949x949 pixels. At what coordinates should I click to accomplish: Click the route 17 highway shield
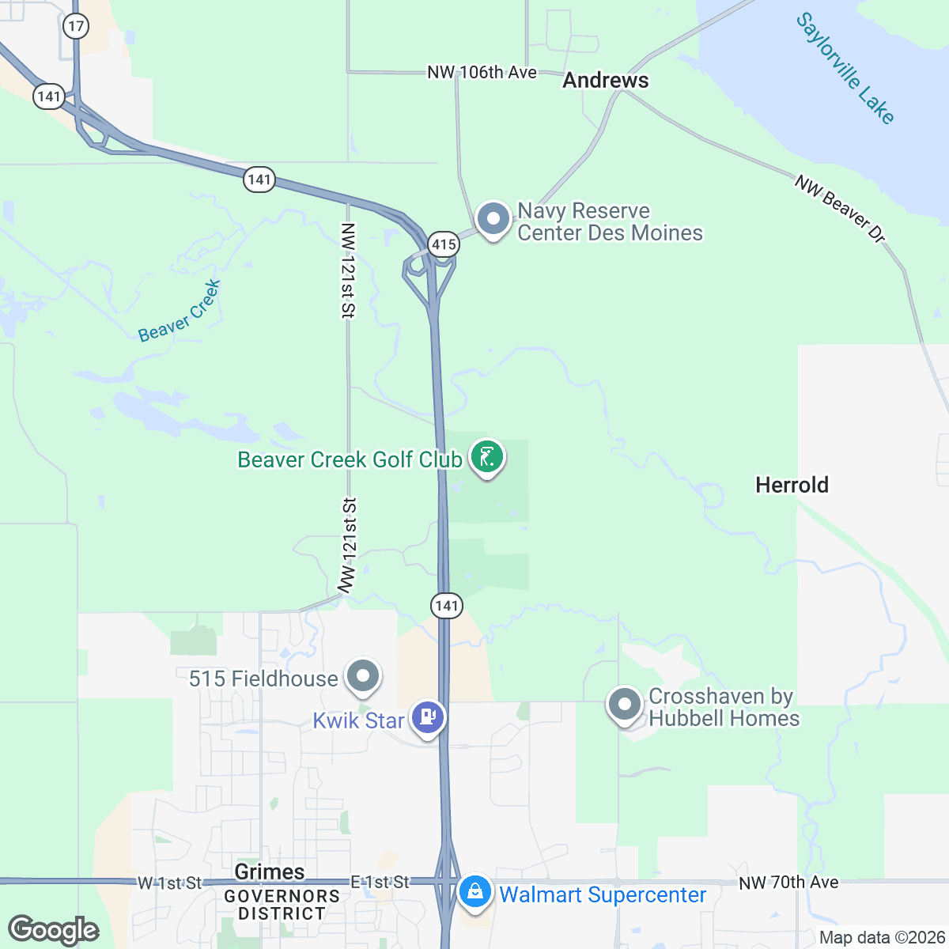76,26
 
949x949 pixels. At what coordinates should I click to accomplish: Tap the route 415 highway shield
444,244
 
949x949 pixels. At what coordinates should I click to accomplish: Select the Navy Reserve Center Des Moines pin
494,219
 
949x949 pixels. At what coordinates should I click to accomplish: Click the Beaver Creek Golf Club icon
487,458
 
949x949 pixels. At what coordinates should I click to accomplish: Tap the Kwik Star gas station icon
428,718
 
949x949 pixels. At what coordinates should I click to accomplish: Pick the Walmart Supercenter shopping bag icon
475,893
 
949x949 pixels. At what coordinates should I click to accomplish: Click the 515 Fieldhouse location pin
364,677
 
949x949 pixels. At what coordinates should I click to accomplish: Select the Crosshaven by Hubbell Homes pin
625,704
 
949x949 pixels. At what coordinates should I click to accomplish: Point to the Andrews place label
606,80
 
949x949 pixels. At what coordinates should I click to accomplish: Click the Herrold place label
792,485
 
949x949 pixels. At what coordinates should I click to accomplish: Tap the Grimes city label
270,871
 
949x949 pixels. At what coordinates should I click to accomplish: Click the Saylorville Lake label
845,68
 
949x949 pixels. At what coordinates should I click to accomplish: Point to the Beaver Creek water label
180,311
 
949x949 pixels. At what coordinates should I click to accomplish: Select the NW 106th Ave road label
482,73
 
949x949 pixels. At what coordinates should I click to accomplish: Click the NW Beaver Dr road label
841,209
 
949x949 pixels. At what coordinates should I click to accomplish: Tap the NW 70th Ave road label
788,882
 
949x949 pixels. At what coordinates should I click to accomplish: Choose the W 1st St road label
170,883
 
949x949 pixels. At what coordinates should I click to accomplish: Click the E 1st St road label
380,882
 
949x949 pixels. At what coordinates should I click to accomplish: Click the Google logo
54,930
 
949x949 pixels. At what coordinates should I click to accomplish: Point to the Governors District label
282,905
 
